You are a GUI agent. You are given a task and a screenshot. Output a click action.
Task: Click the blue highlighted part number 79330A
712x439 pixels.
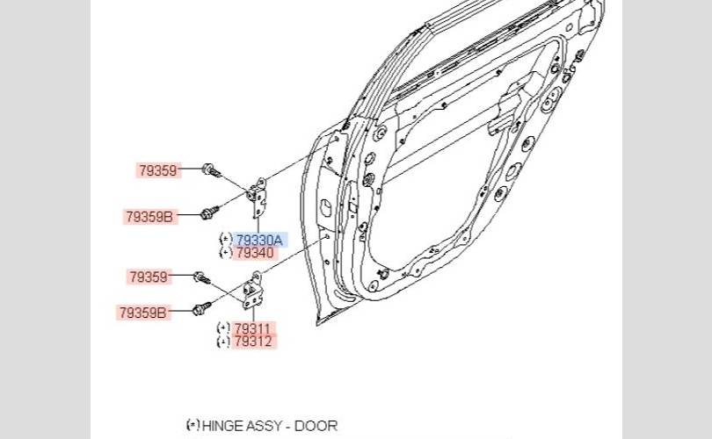coord(259,240)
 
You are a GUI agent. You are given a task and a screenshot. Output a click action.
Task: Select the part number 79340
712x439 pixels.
coord(255,253)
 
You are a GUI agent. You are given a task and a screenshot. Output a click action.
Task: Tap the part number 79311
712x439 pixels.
coord(252,327)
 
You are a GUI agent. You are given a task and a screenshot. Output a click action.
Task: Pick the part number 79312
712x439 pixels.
coord(253,342)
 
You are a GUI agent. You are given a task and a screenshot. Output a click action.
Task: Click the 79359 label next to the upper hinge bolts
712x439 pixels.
coord(158,170)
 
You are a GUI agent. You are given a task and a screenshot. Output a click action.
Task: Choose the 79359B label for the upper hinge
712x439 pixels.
coord(149,217)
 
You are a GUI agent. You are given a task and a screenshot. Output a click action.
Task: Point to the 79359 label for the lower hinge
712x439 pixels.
coord(149,277)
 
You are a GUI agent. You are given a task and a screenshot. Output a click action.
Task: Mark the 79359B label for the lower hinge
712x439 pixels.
coord(143,313)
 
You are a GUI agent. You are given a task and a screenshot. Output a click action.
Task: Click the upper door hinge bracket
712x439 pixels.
coord(258,198)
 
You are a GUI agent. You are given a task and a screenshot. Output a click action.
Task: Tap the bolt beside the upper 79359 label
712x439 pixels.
coord(211,170)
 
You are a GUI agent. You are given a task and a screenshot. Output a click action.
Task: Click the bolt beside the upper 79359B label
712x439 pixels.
coord(209,212)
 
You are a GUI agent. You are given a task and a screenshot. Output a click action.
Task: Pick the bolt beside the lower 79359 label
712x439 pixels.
coord(201,277)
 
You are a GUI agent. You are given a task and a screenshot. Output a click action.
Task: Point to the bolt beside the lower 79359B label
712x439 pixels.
coord(201,309)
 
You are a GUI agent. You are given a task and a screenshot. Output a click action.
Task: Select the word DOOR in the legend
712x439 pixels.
coord(316,427)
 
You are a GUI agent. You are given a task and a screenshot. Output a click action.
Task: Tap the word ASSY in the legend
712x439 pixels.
coord(263,427)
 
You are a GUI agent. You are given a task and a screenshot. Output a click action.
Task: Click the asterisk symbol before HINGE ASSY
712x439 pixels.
coord(193,425)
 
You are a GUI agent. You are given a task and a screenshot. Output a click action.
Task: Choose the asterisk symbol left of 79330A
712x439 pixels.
coord(226,238)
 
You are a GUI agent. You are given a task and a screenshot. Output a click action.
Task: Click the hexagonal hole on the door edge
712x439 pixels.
coord(325,207)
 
